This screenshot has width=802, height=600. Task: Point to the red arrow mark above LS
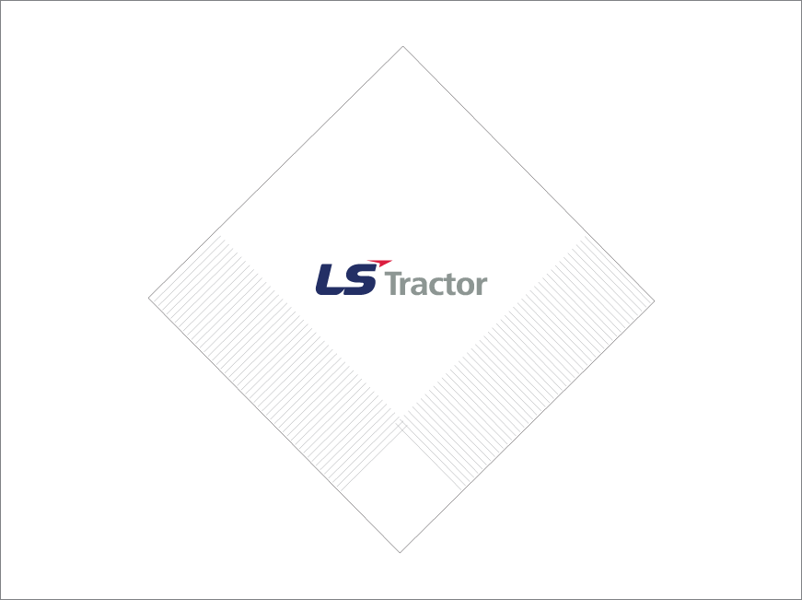pos(379,263)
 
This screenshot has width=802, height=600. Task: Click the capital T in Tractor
pos(393,284)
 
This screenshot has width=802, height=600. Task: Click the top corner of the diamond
pos(403,46)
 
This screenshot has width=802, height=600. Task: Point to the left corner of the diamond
pos(149,297)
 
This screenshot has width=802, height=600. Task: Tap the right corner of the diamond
pos(654,300)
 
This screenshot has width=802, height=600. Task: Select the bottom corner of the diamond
pos(400,552)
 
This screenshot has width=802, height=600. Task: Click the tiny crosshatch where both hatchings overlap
pos(401,424)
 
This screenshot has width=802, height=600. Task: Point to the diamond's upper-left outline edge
pos(276,171)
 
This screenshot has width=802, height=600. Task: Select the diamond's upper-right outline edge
pos(529,172)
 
